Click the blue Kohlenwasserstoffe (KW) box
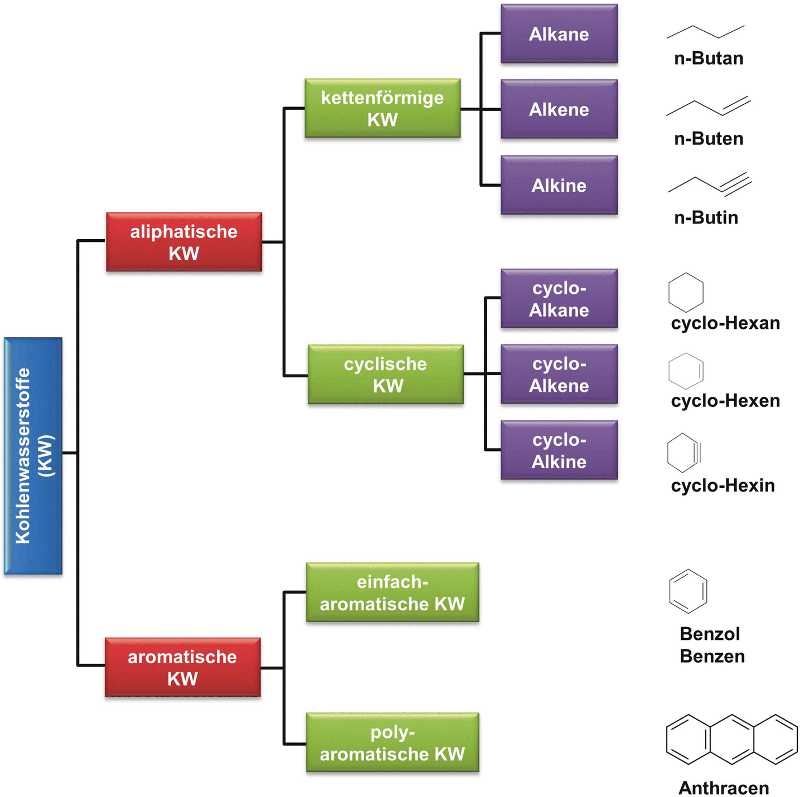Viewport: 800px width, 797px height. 33,455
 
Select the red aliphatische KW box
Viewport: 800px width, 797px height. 183,242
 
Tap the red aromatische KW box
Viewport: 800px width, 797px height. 182,667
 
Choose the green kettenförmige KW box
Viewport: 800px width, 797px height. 382,108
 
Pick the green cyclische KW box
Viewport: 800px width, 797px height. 385,375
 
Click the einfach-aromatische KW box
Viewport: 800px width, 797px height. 392,592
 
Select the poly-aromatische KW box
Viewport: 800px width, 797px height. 392,742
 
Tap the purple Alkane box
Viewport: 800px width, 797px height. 559,34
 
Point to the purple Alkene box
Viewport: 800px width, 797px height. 559,109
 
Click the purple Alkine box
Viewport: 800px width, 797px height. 559,185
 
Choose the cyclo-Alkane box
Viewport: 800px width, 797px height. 559,299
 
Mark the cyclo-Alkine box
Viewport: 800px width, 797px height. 559,450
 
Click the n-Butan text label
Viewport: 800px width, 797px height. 708,59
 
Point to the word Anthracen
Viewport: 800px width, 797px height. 723,788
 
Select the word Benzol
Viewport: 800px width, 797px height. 709,634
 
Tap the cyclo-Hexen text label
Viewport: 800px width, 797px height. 725,401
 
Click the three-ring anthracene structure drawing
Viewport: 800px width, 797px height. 731,739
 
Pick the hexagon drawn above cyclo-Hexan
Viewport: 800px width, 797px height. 686,292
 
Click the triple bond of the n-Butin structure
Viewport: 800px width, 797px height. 737,186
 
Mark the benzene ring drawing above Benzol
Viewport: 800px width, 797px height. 688,591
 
